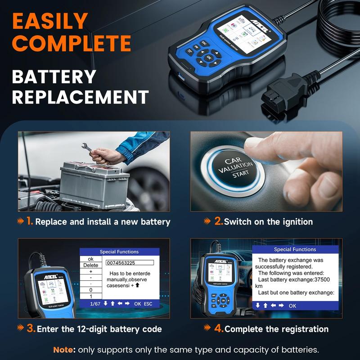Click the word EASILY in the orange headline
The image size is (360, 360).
[x=49, y=22]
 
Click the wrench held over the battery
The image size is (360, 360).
[x=94, y=149]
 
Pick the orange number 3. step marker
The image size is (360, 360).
[x=31, y=328]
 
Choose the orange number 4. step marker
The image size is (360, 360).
[x=219, y=328]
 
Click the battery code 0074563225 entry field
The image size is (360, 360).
[x=130, y=263]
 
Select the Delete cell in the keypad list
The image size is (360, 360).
[x=90, y=265]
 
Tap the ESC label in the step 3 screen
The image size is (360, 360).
[x=148, y=304]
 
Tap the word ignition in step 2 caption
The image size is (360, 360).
[x=295, y=221]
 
